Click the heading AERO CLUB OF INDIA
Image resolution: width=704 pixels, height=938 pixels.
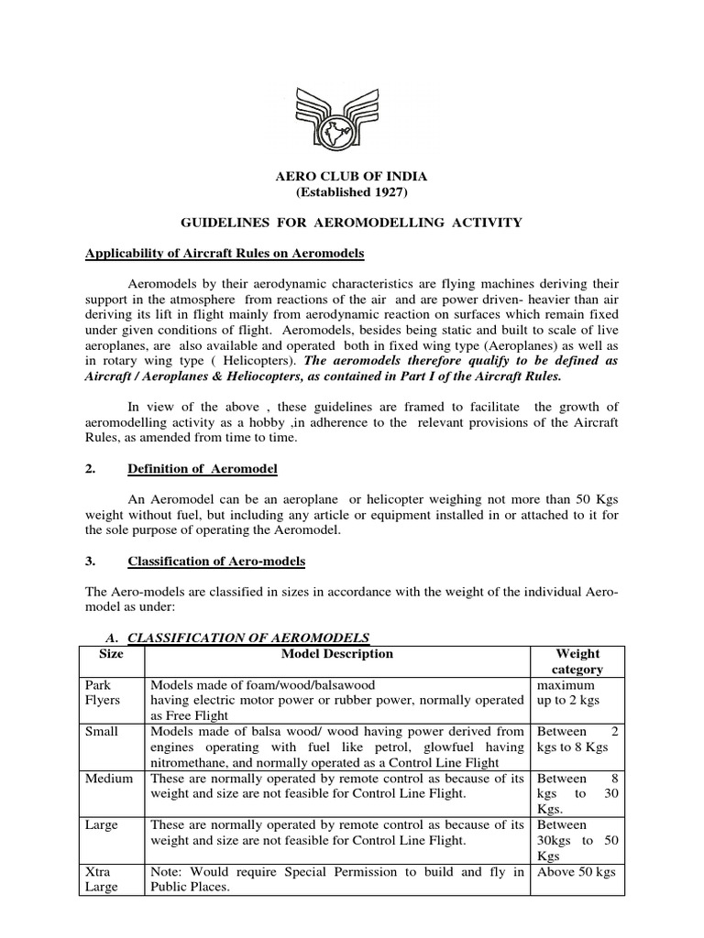tap(352, 176)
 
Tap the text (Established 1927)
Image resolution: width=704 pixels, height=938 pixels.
tap(352, 192)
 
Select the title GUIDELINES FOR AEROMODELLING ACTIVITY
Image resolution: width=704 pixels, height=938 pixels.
tap(352, 223)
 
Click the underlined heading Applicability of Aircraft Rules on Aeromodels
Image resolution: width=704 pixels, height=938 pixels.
tap(225, 253)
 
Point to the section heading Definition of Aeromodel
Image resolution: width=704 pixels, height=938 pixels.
tap(202, 469)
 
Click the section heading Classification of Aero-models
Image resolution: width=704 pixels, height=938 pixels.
tap(216, 561)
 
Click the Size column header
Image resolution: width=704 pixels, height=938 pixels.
tap(110, 654)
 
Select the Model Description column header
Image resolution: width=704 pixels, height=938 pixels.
tap(336, 654)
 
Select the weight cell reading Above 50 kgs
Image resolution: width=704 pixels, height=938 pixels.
tap(576, 872)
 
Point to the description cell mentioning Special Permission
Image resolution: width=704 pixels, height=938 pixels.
tap(336, 879)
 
